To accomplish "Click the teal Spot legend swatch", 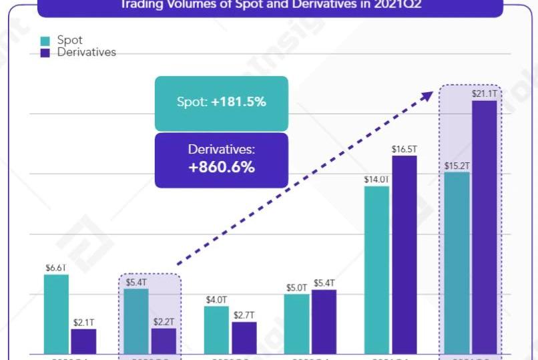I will click(x=45, y=41).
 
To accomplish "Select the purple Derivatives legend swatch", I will click(x=45, y=53).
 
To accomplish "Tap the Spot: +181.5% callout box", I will click(x=221, y=103).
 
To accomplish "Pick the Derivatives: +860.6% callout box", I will click(x=221, y=160).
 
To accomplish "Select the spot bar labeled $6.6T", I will click(x=56, y=313).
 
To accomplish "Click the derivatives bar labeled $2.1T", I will click(x=83, y=341).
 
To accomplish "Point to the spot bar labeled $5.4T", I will click(x=136, y=321).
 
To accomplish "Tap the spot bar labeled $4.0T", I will click(x=216, y=329).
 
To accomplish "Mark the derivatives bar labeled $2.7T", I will click(x=244, y=337).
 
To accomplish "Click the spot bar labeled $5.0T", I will click(x=296, y=323).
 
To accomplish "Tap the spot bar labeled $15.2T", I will click(x=457, y=262).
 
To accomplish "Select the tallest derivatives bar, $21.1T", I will click(x=484, y=226).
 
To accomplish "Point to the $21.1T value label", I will click(x=484, y=94).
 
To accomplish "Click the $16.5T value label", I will click(x=404, y=148).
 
